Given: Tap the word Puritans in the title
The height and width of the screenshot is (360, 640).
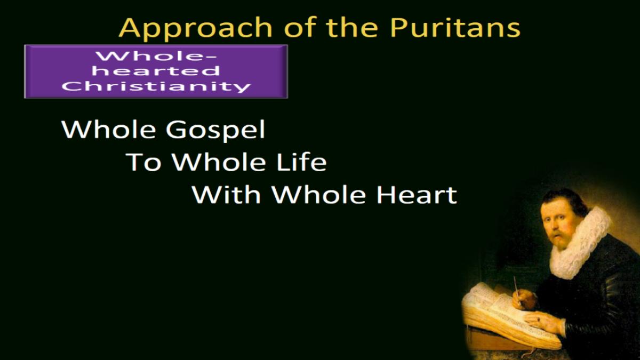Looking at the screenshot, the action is (x=455, y=27).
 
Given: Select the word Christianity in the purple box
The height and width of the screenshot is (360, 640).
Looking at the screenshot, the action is (x=156, y=86).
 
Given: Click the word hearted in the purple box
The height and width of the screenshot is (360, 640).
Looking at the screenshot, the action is (x=156, y=71).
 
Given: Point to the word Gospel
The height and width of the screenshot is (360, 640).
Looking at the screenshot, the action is (x=215, y=131).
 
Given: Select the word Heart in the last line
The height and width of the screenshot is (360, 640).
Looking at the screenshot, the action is (x=417, y=195).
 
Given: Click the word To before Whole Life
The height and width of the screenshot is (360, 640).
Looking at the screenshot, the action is (x=143, y=162).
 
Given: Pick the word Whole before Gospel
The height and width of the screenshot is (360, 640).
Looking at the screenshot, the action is (x=108, y=130).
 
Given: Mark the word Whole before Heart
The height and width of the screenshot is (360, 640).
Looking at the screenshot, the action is (x=318, y=195).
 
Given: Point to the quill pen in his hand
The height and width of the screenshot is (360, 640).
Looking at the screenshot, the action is (x=517, y=291).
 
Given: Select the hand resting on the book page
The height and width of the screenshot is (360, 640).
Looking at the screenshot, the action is (x=543, y=322).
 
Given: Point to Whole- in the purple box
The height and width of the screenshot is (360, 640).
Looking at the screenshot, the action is (x=156, y=55).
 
